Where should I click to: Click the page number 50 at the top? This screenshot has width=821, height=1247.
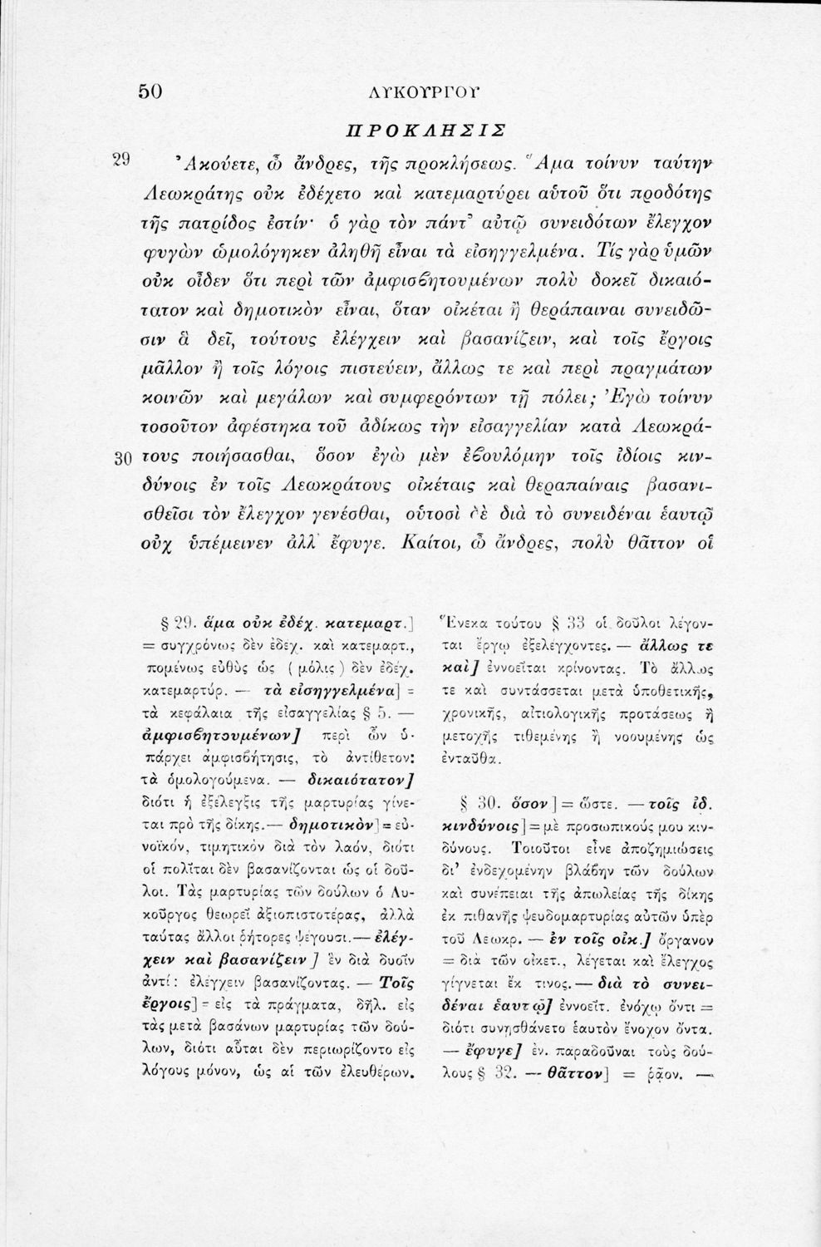154,91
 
